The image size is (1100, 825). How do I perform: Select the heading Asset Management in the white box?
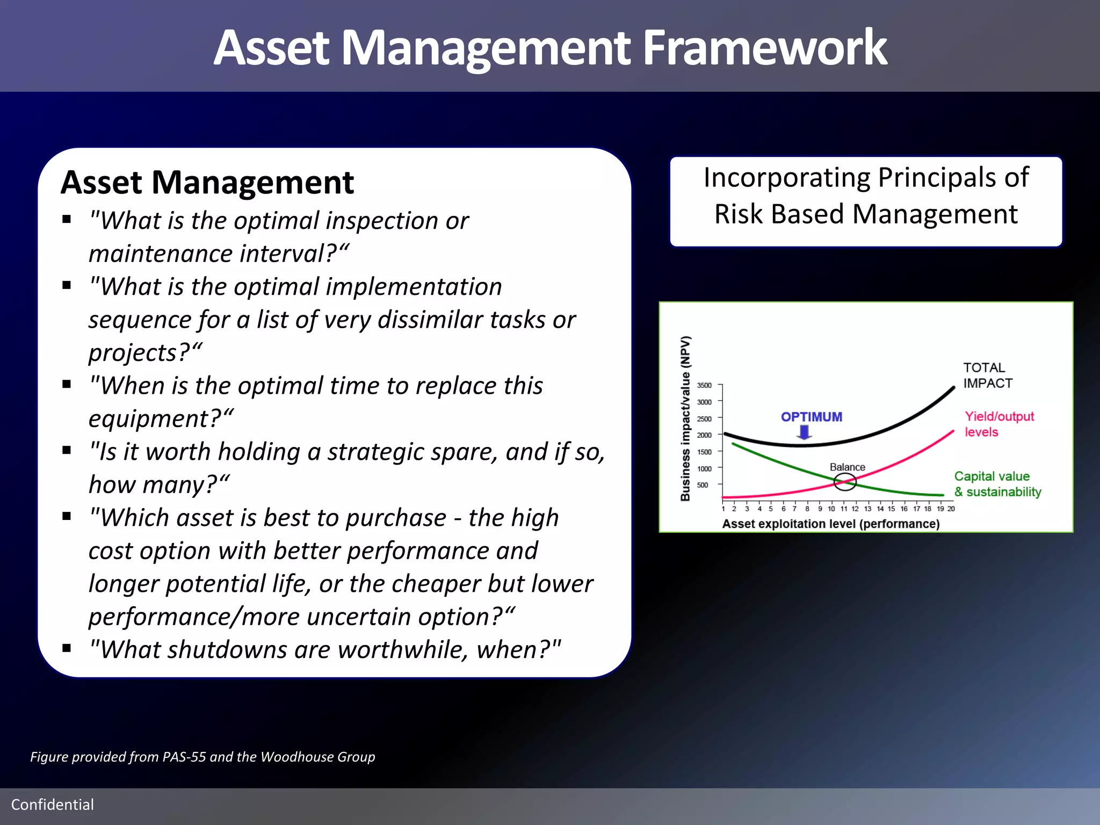(207, 183)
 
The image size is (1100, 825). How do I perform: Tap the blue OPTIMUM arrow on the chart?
(804, 432)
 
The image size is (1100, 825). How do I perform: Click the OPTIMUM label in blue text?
(811, 417)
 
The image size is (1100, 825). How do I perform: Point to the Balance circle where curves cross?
(845, 482)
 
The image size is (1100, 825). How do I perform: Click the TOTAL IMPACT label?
(987, 375)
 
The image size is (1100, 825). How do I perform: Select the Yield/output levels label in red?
(998, 424)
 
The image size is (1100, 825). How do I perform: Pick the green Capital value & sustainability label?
(997, 484)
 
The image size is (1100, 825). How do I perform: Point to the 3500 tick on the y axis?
(704, 385)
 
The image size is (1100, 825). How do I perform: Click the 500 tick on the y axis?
(703, 485)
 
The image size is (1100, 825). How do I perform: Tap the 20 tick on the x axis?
(951, 509)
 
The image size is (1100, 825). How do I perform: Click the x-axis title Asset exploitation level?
(830, 524)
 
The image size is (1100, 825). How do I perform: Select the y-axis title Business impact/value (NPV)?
(685, 418)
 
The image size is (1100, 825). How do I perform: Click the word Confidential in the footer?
(53, 805)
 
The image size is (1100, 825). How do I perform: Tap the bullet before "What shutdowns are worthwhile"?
(67, 648)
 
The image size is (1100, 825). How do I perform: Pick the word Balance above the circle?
(847, 467)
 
